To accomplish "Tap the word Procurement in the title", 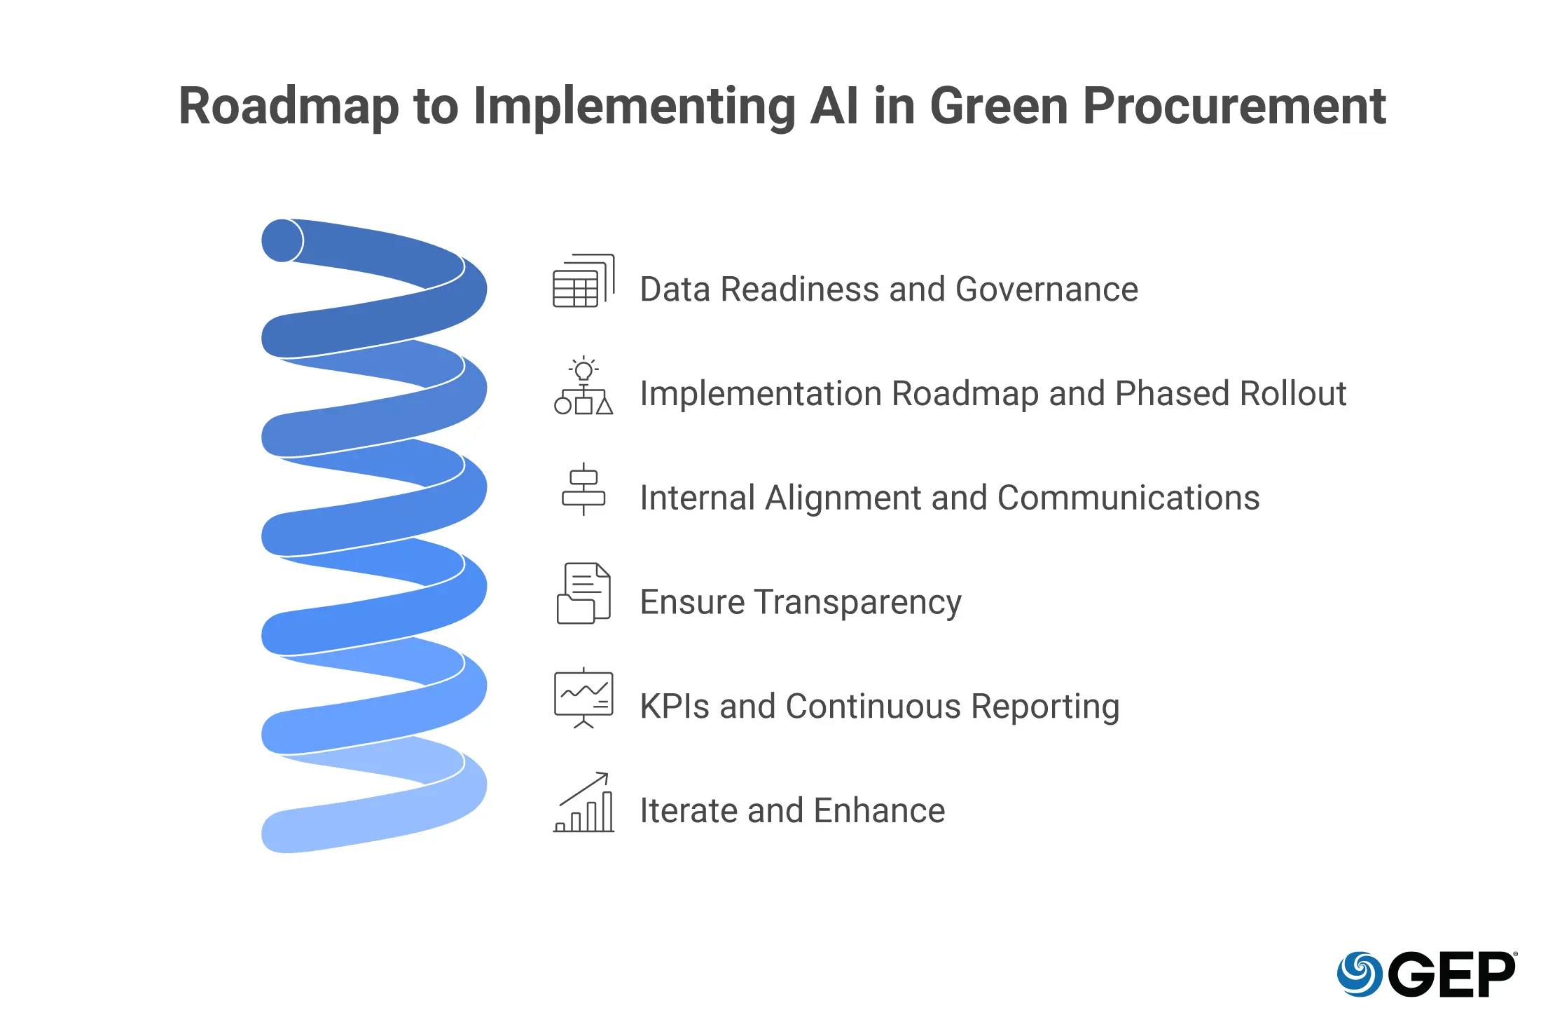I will coord(1234,107).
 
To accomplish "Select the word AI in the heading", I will coord(834,107).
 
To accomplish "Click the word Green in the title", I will coord(999,107).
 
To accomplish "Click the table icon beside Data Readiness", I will coord(583,281).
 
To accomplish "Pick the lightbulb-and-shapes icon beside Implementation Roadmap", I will coord(583,386).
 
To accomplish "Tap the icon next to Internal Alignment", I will coord(583,489).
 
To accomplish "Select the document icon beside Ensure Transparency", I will coord(583,594).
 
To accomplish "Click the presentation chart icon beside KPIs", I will coord(583,698).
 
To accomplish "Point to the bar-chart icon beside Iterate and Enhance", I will coord(583,803).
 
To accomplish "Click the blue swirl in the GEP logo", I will coord(1359,974).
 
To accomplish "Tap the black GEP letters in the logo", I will coord(1451,974).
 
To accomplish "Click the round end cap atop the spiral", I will coord(282,240).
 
